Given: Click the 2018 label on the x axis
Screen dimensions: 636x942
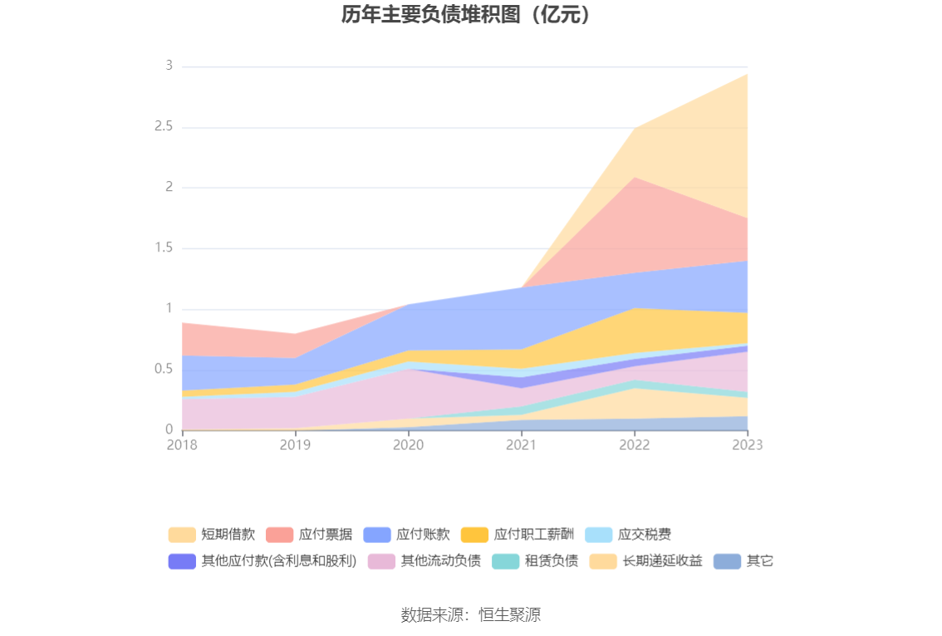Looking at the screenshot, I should (x=182, y=445).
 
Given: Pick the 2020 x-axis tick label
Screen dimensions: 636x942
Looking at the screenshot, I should (x=408, y=445).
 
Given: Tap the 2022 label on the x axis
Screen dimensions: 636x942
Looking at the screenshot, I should (x=634, y=445).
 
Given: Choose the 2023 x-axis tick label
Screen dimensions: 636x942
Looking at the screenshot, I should (x=747, y=445).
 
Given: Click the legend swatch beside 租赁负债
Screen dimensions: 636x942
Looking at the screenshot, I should (x=506, y=561).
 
